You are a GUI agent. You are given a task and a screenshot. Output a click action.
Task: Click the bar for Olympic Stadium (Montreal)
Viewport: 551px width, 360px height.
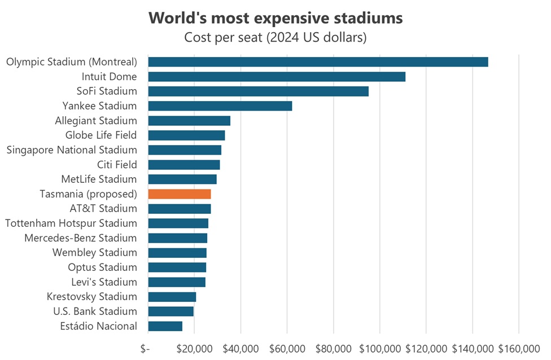tap(318, 62)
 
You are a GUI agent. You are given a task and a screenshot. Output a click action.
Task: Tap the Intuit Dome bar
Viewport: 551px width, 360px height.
tap(277, 77)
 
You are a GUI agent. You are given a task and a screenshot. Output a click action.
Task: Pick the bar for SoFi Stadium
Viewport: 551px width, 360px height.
tap(258, 91)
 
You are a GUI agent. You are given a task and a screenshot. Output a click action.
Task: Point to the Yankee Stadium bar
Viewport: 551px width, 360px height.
tap(220, 106)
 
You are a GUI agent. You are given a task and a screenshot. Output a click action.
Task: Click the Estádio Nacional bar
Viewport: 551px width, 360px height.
tap(165, 326)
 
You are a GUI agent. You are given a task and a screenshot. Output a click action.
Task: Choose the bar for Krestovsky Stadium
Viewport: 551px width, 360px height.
tap(172, 297)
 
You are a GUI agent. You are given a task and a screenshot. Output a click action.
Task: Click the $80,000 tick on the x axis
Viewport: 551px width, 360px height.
tap(333, 348)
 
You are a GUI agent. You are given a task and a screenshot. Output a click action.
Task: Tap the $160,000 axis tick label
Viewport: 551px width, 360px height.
tap(519, 348)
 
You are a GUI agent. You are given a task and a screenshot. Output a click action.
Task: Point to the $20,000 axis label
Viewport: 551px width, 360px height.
tap(194, 348)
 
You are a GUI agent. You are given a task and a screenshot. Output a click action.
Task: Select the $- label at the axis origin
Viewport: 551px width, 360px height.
tap(145, 348)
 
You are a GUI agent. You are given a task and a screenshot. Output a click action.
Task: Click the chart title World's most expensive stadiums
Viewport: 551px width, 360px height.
tap(275, 18)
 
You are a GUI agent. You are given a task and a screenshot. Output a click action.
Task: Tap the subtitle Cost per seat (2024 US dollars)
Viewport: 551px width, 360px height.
tap(275, 38)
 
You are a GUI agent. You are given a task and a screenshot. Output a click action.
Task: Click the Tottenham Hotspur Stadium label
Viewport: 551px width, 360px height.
tap(71, 223)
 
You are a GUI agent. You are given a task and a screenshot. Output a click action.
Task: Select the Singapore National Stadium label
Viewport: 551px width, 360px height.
tap(72, 150)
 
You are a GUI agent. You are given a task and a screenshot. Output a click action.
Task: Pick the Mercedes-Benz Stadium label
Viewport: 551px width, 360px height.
tap(81, 238)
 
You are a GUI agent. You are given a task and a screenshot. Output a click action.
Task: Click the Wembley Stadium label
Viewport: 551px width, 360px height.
tap(95, 253)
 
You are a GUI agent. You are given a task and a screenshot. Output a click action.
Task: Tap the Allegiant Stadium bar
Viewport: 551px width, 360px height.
tap(189, 121)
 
